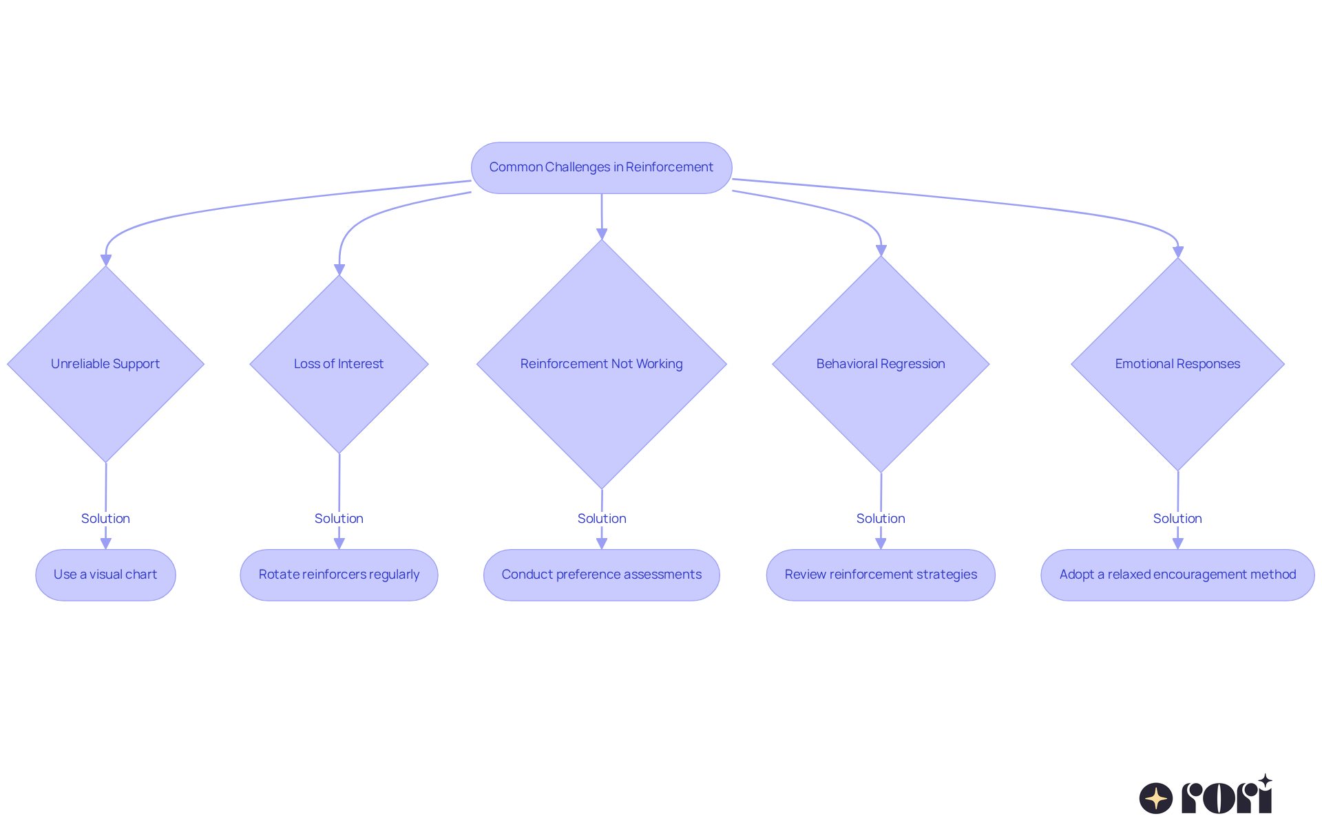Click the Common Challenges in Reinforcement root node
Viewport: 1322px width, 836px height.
click(x=601, y=168)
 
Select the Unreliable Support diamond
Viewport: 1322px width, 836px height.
click(x=105, y=364)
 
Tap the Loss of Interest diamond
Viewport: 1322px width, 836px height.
click(x=339, y=364)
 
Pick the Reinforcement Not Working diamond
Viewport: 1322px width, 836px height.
click(x=602, y=364)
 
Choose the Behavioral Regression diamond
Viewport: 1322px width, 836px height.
click(x=881, y=364)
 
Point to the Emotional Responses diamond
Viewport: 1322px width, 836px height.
click(x=1178, y=364)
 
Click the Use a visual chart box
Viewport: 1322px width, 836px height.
click(x=105, y=575)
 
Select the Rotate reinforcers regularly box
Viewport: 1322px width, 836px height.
click(x=339, y=575)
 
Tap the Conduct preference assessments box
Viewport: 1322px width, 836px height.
click(x=602, y=575)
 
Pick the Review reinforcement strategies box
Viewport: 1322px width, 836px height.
click(x=881, y=575)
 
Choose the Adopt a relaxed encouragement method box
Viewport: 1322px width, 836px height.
click(x=1178, y=575)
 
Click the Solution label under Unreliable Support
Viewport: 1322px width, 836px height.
click(x=105, y=519)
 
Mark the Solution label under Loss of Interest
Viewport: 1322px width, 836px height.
click(x=339, y=519)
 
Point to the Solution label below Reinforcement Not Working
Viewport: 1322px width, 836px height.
click(x=602, y=519)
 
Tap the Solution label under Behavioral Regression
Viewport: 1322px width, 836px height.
click(x=881, y=519)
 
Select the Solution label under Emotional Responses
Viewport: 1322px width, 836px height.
click(x=1178, y=519)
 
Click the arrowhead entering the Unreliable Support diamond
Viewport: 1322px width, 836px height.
click(x=105, y=260)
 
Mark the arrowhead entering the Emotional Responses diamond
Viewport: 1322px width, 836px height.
click(x=1178, y=252)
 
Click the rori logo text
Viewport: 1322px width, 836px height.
click(x=1227, y=795)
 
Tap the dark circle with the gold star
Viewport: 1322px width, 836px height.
click(x=1156, y=798)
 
